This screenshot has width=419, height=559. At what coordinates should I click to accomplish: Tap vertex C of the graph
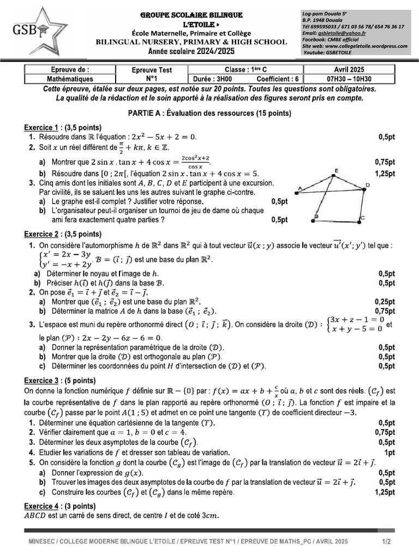[362, 218]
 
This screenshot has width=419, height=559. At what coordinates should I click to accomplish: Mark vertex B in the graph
[315, 218]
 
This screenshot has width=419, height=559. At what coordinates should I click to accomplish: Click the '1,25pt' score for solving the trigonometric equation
[385, 173]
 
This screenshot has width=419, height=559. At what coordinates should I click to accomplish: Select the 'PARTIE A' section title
[209, 114]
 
